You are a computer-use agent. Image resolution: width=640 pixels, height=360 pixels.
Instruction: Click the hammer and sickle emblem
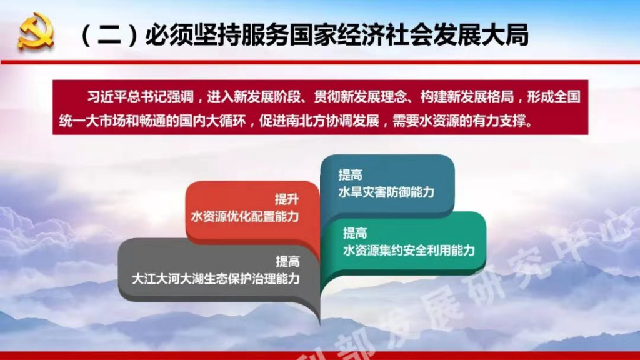[36, 31]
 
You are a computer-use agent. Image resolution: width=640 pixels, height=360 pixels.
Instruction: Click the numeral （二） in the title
[110, 34]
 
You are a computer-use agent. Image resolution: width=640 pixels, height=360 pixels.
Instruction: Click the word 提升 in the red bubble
[287, 199]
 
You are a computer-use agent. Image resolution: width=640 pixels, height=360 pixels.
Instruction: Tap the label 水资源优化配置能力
[245, 216]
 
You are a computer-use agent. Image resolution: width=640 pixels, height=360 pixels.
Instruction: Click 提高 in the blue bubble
[350, 175]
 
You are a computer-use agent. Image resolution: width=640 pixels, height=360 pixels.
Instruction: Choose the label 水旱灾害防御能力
[386, 192]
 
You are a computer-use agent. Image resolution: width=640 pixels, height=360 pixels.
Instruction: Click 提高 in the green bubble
[355, 234]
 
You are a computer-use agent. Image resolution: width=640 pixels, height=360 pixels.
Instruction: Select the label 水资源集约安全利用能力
[409, 250]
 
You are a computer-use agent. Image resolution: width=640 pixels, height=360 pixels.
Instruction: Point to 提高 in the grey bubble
[287, 261]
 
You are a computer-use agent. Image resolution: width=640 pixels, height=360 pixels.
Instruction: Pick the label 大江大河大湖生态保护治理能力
[216, 279]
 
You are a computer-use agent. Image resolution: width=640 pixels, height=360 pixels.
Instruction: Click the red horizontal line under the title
[320, 62]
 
